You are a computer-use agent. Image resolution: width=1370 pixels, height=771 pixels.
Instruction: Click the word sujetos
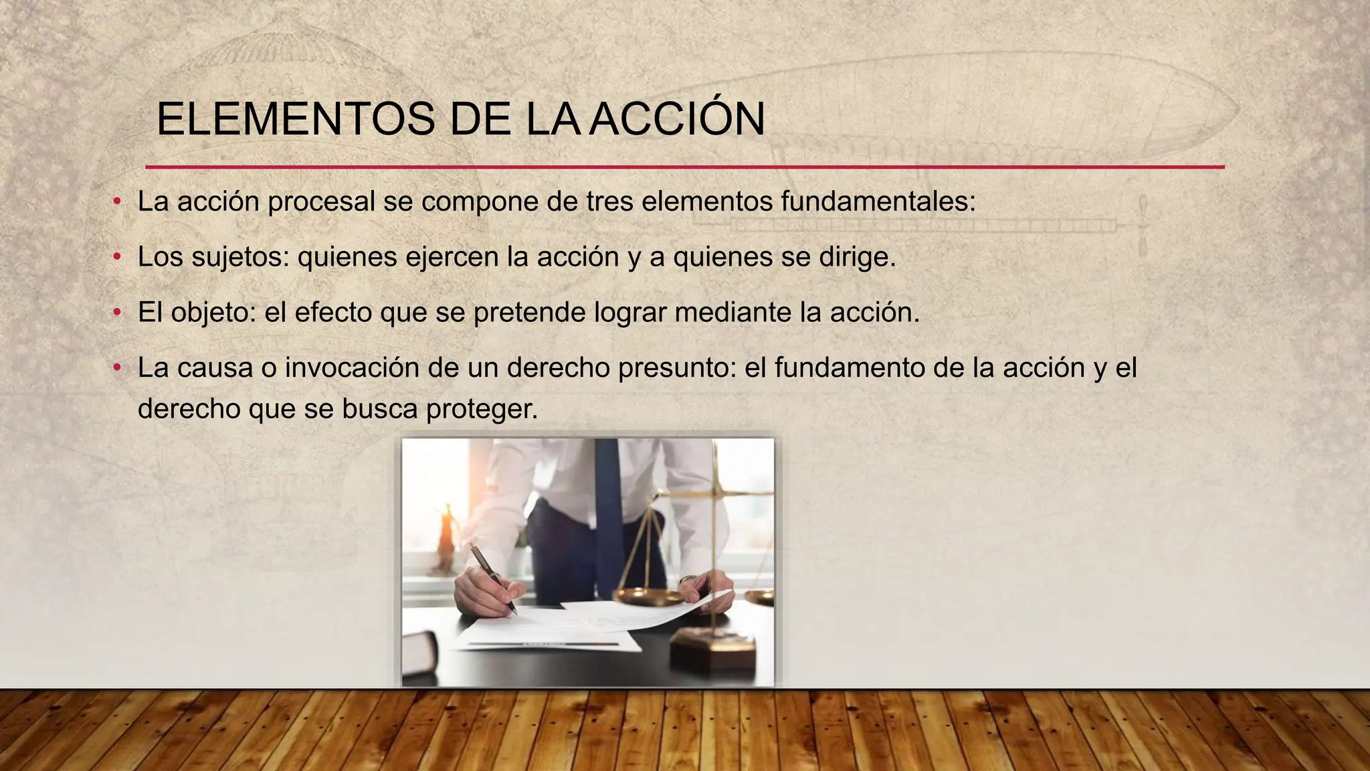coord(240,257)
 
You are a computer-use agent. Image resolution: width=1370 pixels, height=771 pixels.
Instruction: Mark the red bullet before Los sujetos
coord(117,257)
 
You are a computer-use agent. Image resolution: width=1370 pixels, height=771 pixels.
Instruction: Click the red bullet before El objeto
coord(117,313)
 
